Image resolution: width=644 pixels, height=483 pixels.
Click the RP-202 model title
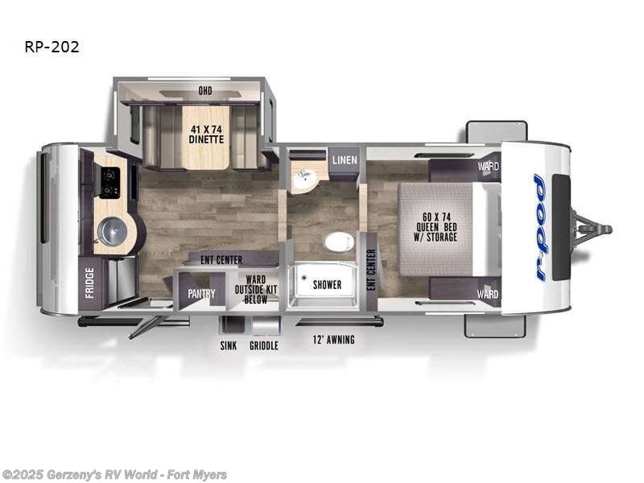52,47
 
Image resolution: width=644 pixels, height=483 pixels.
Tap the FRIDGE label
89,283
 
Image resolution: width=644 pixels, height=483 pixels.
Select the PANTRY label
201,294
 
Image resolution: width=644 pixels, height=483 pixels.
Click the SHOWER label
328,285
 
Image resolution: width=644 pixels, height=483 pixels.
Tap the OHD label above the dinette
205,91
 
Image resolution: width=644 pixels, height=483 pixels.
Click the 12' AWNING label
333,340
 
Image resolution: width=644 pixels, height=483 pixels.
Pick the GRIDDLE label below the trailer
264,345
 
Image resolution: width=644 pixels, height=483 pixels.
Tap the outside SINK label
229,345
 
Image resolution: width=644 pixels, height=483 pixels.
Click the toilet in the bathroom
339,241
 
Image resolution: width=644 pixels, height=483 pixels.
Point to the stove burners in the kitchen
110,182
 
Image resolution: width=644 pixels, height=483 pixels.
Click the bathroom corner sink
303,180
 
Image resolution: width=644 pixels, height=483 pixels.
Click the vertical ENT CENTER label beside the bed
371,270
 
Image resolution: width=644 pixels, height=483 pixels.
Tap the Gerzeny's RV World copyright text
114,475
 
